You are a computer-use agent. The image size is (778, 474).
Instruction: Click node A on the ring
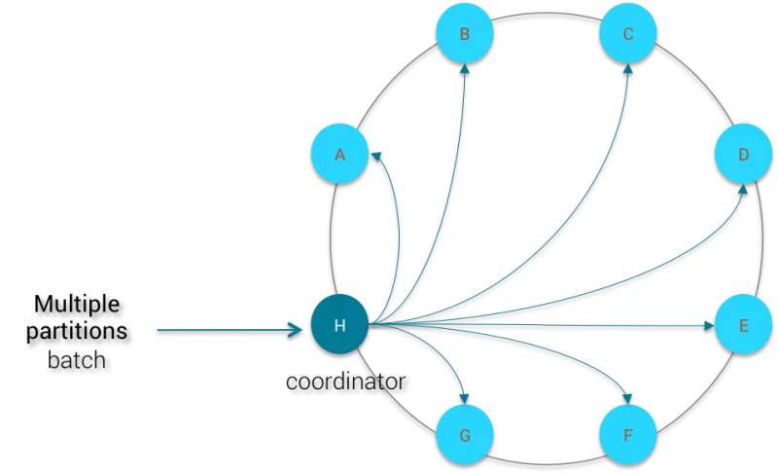pos(339,154)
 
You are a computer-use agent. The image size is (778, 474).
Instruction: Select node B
pos(465,33)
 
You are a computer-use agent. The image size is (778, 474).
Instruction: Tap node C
pos(628,33)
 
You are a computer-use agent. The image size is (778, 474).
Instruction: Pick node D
pos(743,154)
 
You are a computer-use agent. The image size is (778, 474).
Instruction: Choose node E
pos(743,324)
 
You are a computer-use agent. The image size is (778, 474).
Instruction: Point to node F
pos(628,435)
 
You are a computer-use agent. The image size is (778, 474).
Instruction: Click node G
pos(465,435)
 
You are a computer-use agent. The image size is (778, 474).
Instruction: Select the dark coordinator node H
pos(339,324)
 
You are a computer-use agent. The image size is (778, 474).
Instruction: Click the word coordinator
pos(346,382)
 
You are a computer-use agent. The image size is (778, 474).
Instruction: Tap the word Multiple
pos(77,304)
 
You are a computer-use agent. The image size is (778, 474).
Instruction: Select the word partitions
pos(77,331)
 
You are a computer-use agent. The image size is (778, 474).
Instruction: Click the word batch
pos(77,360)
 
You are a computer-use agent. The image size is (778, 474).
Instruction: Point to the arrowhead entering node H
pos(296,330)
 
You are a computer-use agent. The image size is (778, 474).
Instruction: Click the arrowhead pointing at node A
pos(376,157)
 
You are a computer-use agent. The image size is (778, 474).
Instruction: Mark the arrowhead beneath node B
pos(465,68)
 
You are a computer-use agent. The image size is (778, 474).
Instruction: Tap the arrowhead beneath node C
pos(627,68)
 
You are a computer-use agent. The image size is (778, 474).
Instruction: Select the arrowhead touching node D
pos(742,189)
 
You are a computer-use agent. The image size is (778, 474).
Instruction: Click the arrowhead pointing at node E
pos(709,326)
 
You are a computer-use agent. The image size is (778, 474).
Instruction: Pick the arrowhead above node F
pos(627,398)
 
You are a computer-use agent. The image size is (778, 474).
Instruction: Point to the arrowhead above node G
pos(464,398)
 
